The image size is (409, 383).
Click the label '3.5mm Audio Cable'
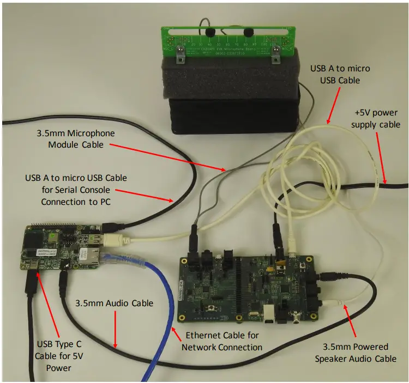[114, 303]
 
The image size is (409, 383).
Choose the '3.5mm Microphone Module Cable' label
[77, 139]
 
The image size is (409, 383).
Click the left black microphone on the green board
[212, 32]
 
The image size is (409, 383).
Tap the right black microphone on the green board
[248, 32]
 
